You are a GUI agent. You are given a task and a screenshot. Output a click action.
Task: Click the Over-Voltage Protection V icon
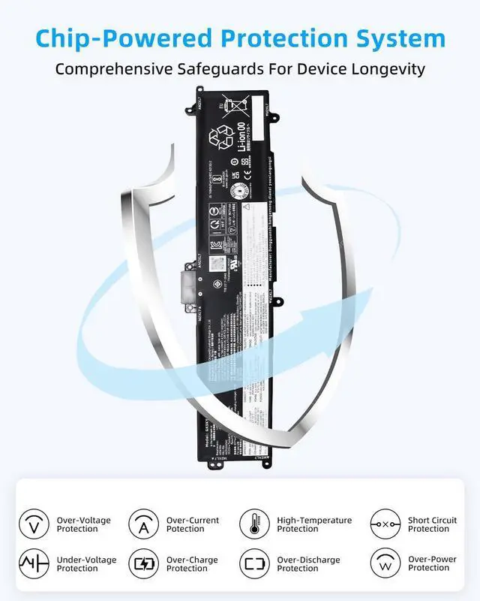(33, 524)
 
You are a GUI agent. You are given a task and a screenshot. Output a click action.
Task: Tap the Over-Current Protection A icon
(143, 524)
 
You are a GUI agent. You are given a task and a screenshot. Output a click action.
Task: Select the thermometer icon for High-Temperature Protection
(254, 524)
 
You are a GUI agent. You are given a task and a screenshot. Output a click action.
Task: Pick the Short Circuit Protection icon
(385, 524)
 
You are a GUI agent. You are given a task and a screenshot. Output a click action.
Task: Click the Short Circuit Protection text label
(432, 524)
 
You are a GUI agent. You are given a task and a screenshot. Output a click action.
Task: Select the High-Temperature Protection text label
(314, 524)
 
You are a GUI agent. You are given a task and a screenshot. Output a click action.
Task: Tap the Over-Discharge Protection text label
(308, 564)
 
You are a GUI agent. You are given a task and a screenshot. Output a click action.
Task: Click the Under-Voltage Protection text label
(83, 564)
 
